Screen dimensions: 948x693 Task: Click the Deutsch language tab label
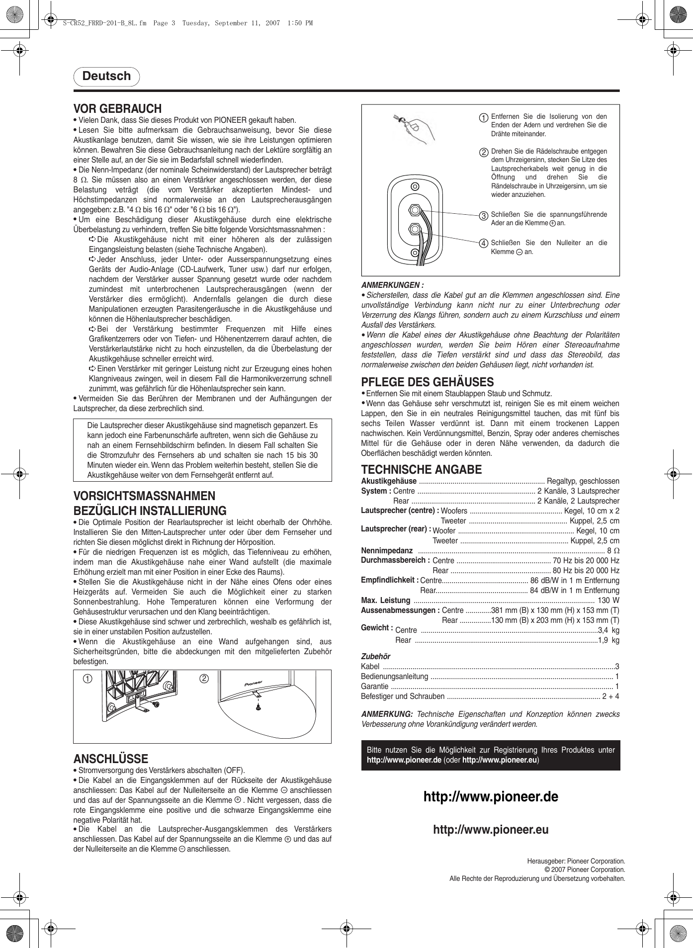click(106, 76)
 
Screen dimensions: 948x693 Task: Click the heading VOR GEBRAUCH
click(117, 109)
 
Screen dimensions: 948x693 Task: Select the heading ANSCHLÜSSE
click(110, 759)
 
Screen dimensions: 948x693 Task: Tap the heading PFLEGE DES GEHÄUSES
click(427, 382)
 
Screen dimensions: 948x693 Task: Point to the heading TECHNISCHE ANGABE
click(421, 470)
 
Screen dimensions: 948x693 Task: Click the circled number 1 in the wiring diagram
click(483, 118)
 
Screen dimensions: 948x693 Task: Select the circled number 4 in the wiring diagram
click(483, 244)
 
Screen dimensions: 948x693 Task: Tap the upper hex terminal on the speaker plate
click(415, 210)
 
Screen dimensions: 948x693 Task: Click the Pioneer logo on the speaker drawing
click(254, 684)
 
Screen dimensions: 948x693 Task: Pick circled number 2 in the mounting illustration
click(204, 679)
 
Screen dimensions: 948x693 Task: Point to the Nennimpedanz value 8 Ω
click(613, 551)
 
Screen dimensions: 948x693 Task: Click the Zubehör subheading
click(375, 657)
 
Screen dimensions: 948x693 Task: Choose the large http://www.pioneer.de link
click(491, 797)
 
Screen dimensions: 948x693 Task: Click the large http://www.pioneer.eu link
click(491, 830)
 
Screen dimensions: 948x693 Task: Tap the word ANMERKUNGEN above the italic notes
click(392, 285)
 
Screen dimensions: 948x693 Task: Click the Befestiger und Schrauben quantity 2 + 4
click(610, 696)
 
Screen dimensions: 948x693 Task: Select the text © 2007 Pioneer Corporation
click(585, 870)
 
